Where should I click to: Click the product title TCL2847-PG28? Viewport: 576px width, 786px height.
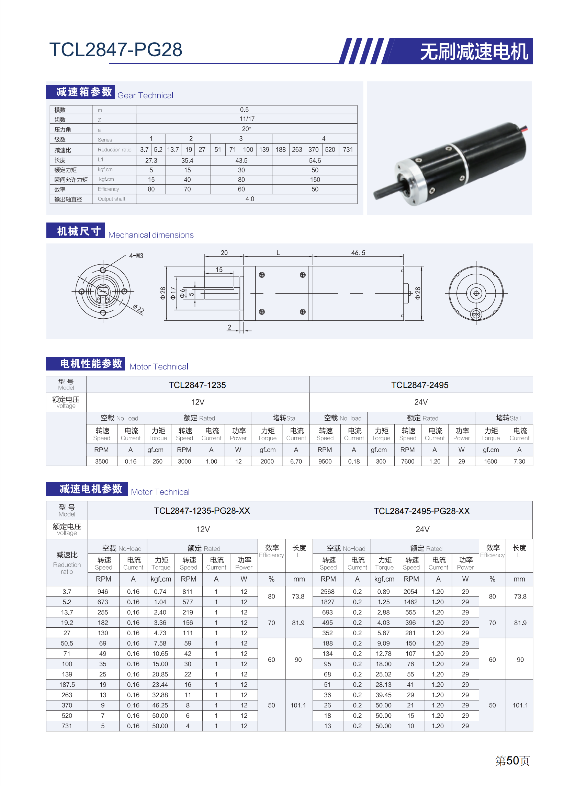click(115, 49)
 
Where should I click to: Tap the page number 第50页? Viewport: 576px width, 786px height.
click(512, 761)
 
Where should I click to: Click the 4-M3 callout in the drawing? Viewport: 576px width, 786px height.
click(136, 256)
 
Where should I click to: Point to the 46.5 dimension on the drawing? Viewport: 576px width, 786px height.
click(358, 253)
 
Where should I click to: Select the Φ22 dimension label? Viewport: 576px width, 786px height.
click(138, 309)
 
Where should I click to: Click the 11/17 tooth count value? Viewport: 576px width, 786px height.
click(247, 119)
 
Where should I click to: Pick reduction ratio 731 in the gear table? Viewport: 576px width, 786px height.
click(348, 149)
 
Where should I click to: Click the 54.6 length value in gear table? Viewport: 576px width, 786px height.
click(315, 161)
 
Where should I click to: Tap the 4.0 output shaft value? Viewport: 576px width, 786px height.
click(250, 199)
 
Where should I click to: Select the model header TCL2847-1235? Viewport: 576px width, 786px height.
click(197, 385)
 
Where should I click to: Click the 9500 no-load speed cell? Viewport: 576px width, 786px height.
click(325, 462)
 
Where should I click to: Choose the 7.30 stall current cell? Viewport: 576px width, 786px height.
click(519, 462)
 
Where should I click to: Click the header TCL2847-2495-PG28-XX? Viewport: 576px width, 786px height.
click(421, 511)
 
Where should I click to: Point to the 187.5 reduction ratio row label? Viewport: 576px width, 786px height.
click(67, 685)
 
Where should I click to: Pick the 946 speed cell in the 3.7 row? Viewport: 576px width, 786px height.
click(103, 592)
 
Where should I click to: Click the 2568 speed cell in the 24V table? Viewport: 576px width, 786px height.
click(327, 592)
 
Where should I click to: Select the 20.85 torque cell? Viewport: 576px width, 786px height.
click(160, 674)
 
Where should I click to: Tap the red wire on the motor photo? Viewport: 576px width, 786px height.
click(526, 129)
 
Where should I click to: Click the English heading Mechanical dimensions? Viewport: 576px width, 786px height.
click(151, 235)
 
